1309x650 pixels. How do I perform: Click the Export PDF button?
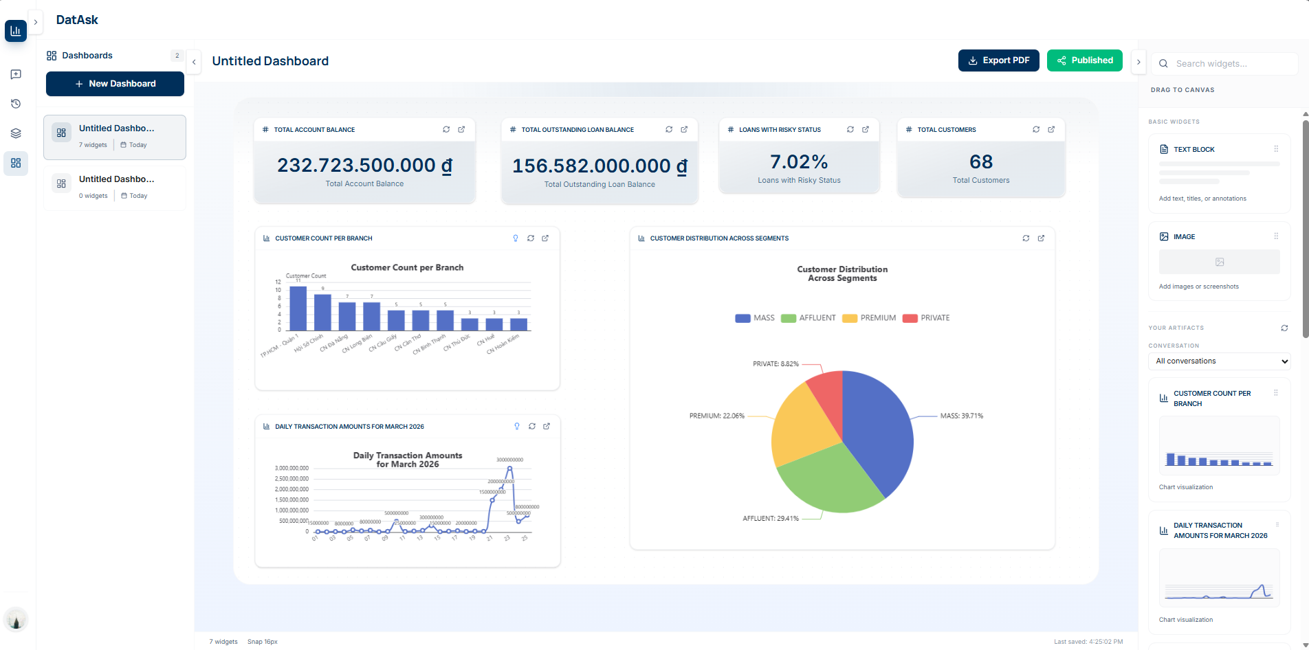[998, 60]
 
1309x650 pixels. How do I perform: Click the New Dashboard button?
[115, 84]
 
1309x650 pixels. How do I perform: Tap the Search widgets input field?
[1231, 64]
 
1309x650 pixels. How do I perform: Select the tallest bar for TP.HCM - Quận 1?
[298, 309]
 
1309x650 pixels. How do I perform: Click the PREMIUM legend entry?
[870, 318]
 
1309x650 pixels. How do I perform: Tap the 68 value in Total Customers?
[981, 162]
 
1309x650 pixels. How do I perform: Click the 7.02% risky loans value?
[799, 162]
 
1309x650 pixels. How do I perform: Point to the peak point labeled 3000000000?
[509, 469]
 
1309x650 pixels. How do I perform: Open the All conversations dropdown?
[1219, 361]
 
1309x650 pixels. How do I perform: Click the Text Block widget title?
[1194, 150]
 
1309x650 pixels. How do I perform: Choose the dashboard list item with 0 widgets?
[115, 187]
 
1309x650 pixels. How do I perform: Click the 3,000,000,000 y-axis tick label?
[291, 469]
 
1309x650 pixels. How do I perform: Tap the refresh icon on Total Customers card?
[1036, 130]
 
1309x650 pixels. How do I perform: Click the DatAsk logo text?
[77, 20]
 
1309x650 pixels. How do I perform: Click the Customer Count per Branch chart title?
[407, 268]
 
